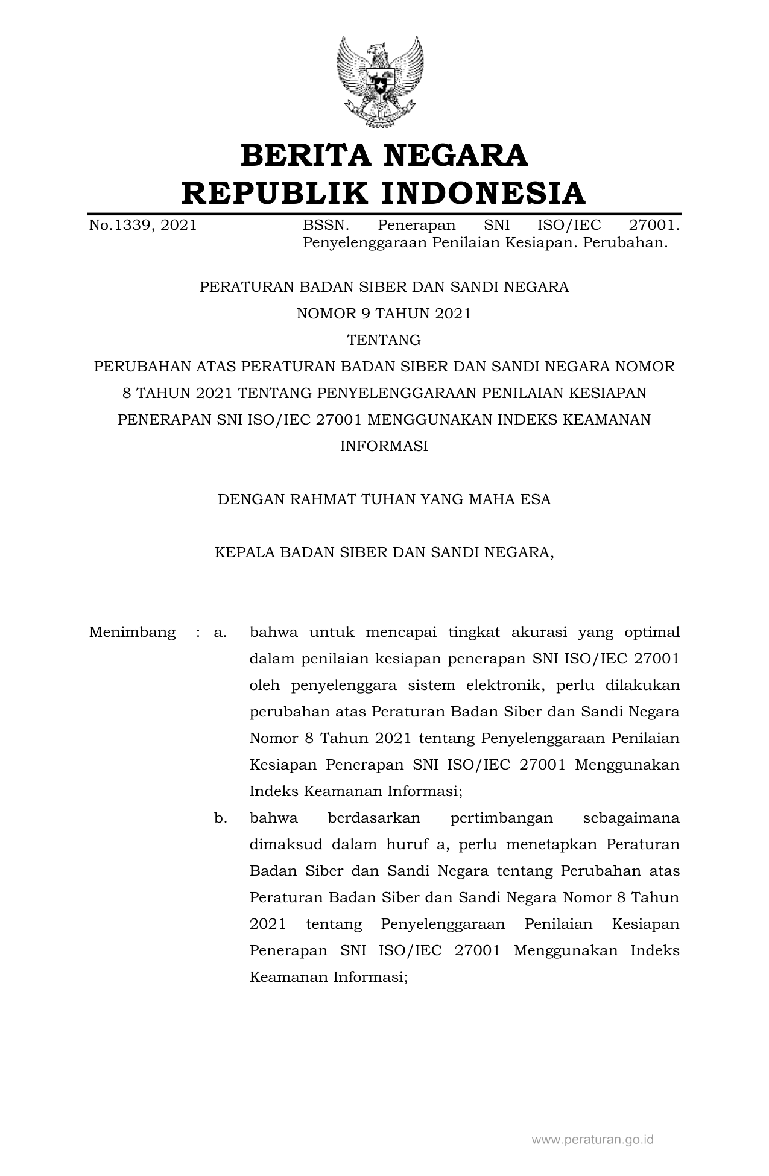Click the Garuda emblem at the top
pyautogui.click(x=379, y=81)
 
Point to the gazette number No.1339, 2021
pyautogui.click(x=143, y=226)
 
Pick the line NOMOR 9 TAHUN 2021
pyautogui.click(x=384, y=314)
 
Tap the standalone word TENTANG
pyautogui.click(x=384, y=340)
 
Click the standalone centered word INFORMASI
pyautogui.click(x=384, y=446)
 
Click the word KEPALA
pyautogui.click(x=242, y=552)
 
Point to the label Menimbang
pyautogui.click(x=132, y=632)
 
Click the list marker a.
pyautogui.click(x=220, y=633)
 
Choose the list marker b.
pyautogui.click(x=220, y=818)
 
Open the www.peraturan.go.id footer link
pyautogui.click(x=592, y=1140)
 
